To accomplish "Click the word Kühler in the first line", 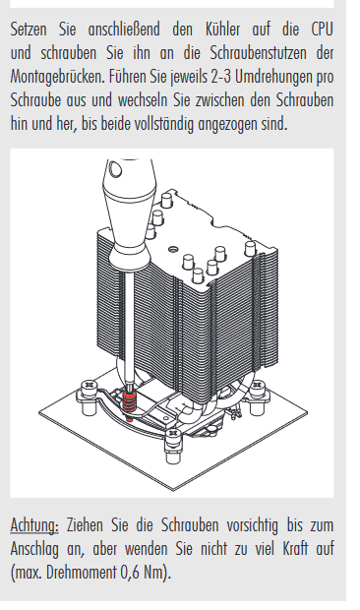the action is pyautogui.click(x=223, y=30).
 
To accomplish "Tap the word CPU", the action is pyautogui.click(x=323, y=30).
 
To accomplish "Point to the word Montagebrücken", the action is pyautogui.click(x=57, y=77).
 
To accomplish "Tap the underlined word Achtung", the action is pyautogui.click(x=34, y=525).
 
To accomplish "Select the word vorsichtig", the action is pyautogui.click(x=253, y=525).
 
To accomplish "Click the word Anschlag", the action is pyautogui.click(x=34, y=549).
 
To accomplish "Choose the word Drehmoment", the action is pyautogui.click(x=82, y=573).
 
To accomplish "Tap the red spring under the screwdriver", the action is pyautogui.click(x=129, y=403).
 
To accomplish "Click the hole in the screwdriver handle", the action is pyautogui.click(x=115, y=169).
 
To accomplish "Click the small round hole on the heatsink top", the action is pyautogui.click(x=174, y=249).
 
